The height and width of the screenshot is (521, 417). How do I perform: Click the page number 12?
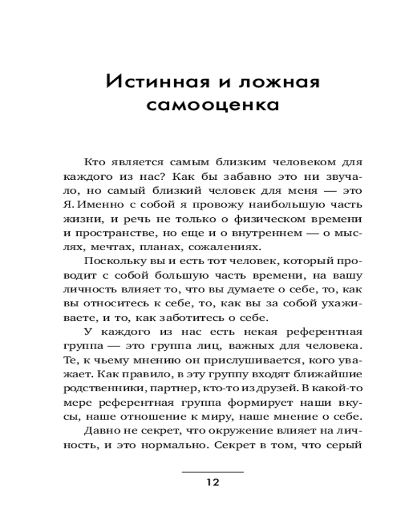[x=213, y=482]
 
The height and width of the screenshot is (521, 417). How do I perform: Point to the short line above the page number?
[x=213, y=472]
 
